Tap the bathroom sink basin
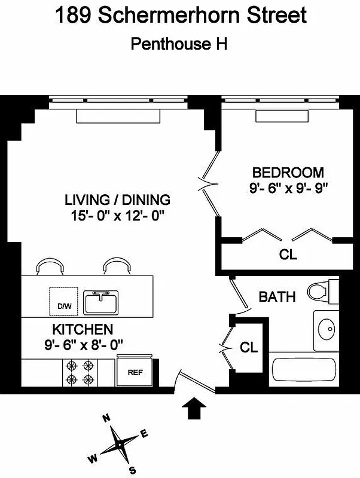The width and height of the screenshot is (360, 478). (x=327, y=329)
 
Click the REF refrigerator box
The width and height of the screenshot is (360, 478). (x=135, y=372)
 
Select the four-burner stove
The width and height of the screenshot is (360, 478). (x=80, y=372)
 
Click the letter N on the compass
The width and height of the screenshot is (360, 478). (x=106, y=418)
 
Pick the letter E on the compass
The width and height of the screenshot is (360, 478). (x=144, y=434)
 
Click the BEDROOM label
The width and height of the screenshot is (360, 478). (x=288, y=173)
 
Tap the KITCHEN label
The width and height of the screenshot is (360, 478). (x=83, y=329)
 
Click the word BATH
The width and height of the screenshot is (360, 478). (x=277, y=296)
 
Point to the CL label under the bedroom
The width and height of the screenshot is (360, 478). (x=288, y=255)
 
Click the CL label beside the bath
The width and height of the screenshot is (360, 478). (x=249, y=347)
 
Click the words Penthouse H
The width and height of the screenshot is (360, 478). (x=180, y=44)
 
